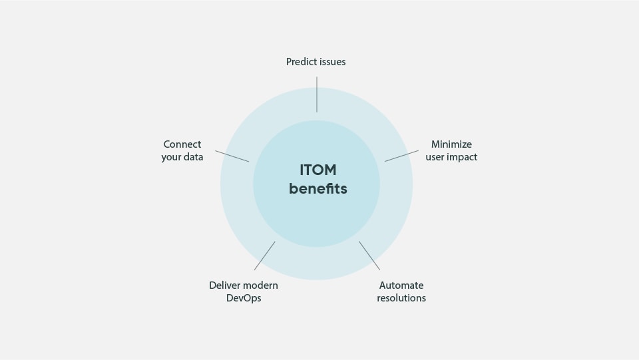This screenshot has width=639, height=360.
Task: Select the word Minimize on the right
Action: (x=451, y=144)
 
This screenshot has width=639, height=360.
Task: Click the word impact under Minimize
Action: (x=463, y=158)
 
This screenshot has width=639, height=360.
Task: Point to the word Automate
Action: (x=401, y=285)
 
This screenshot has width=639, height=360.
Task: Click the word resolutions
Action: (x=401, y=298)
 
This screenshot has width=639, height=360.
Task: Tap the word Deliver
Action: (x=225, y=285)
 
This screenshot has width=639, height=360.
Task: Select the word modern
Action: (x=261, y=285)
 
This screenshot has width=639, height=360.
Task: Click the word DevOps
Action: (x=244, y=298)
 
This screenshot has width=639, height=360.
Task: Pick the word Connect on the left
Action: (x=182, y=144)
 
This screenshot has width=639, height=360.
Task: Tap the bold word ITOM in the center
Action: (x=318, y=170)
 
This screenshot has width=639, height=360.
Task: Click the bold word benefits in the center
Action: (x=318, y=189)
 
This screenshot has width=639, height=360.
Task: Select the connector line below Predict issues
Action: (x=317, y=94)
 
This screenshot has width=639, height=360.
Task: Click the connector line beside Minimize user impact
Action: (x=401, y=156)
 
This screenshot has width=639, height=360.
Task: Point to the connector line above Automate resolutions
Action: (x=369, y=255)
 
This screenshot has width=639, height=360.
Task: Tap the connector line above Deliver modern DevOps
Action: (x=264, y=256)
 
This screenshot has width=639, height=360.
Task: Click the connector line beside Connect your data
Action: (x=232, y=156)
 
